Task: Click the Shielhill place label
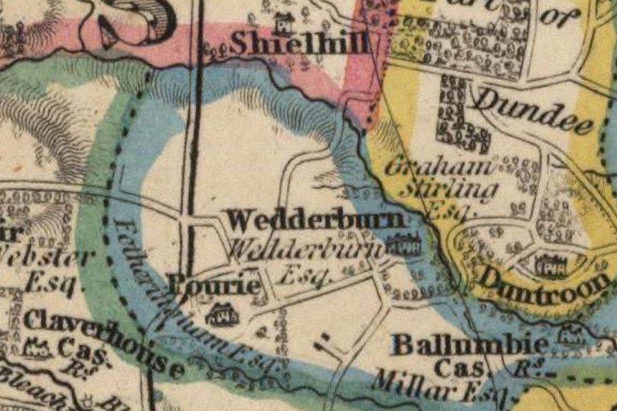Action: click(x=300, y=43)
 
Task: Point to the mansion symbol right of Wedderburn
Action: click(x=404, y=244)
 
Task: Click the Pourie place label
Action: click(x=215, y=286)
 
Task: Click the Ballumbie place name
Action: click(x=470, y=343)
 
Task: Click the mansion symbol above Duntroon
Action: click(x=551, y=264)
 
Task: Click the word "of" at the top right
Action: click(x=559, y=17)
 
